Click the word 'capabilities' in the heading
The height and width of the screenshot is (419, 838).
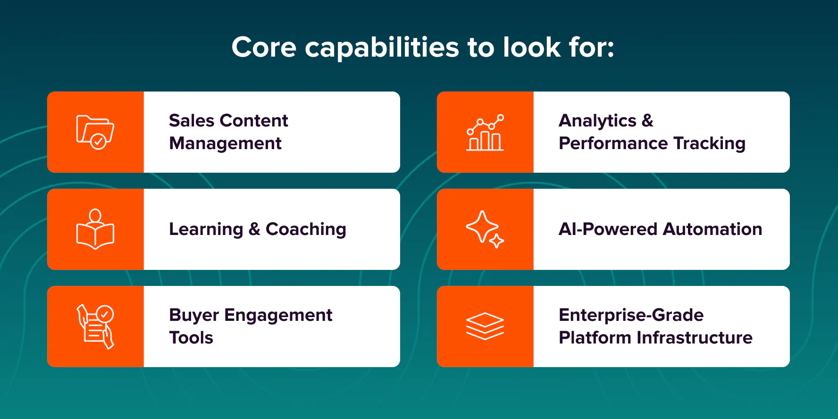(x=382, y=48)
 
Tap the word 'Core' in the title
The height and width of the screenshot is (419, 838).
(x=264, y=47)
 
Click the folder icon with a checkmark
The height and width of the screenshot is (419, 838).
(x=95, y=132)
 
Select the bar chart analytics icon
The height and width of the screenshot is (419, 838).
(x=485, y=133)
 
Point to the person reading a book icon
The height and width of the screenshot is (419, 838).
(x=95, y=229)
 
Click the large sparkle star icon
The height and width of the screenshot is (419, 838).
(x=482, y=226)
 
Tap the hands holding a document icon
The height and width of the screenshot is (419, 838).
(x=95, y=327)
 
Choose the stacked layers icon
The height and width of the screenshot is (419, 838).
(x=485, y=327)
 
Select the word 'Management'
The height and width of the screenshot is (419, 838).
(x=225, y=143)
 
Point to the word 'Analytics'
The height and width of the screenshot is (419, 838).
(x=598, y=121)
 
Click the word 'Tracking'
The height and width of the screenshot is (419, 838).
(x=710, y=143)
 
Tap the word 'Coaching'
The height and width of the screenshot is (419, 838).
(x=306, y=230)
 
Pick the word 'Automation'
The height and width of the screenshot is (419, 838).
(x=712, y=229)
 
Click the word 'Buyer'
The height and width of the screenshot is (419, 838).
(x=194, y=316)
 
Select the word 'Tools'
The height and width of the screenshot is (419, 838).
(x=191, y=338)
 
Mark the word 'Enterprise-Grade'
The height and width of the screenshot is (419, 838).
(x=631, y=316)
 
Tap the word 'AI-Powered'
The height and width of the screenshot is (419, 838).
(x=608, y=229)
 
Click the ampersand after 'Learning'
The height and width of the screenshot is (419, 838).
(x=254, y=229)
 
